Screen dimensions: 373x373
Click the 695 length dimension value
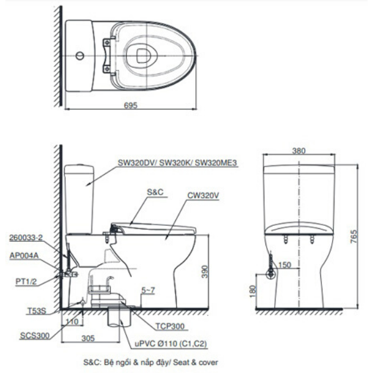[130, 106]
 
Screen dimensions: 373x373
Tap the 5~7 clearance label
[149, 290]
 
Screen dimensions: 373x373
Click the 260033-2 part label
[25, 237]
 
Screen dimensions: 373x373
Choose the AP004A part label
[24, 255]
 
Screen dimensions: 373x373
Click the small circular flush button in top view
[79, 55]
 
